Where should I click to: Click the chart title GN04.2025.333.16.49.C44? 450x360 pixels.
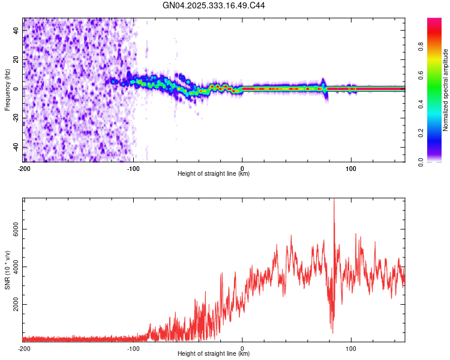click(214, 5)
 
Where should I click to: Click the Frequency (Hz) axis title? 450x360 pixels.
click(7, 89)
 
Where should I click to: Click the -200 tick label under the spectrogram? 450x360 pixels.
click(24, 168)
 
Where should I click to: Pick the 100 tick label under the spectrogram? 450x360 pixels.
click(351, 168)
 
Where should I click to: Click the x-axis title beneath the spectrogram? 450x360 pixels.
click(214, 174)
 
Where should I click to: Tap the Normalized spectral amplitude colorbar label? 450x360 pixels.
click(446, 90)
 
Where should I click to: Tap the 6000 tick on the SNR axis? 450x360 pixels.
click(16, 229)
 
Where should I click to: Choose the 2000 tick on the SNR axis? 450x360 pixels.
click(16, 305)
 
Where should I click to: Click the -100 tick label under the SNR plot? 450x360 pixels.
click(133, 348)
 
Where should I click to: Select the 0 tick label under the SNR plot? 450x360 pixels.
click(242, 348)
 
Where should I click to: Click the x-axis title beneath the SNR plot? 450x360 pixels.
click(214, 354)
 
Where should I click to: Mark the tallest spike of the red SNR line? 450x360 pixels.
click(334, 200)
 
